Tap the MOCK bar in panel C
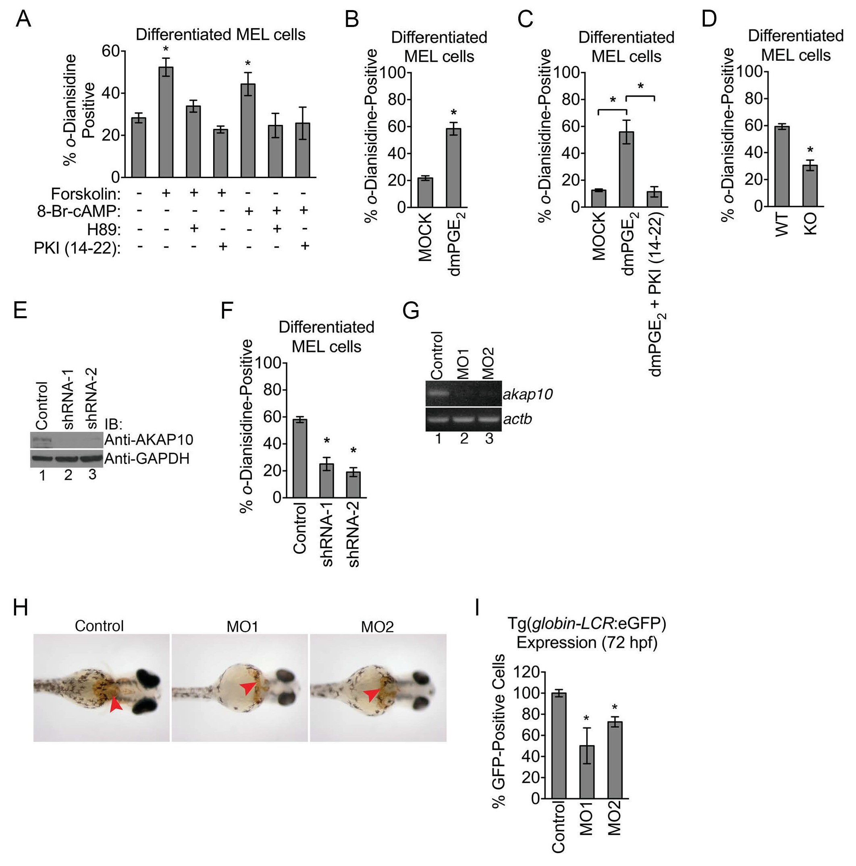[598, 198]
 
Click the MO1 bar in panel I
[586, 771]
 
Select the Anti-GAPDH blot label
[147, 458]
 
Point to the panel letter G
[411, 310]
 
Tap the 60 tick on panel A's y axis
[111, 51]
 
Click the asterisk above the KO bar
[810, 150]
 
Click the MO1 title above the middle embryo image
[242, 626]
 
